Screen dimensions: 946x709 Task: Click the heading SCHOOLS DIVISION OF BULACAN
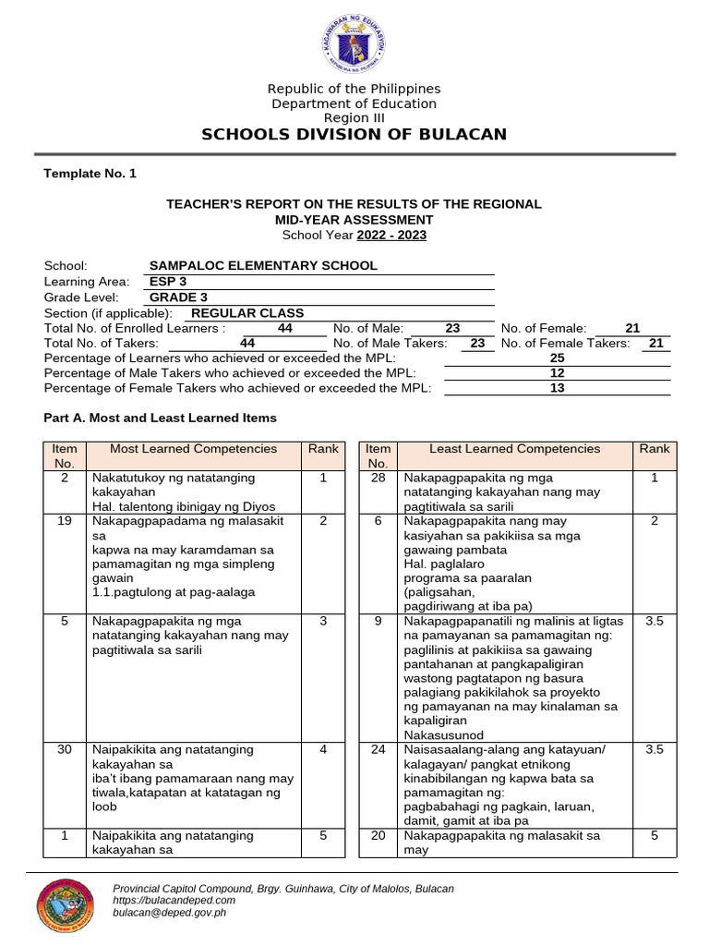tap(354, 135)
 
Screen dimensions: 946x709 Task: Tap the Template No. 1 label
tap(90, 174)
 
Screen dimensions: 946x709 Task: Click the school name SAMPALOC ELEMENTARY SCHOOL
tap(263, 266)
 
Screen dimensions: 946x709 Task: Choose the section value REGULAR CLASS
tap(246, 313)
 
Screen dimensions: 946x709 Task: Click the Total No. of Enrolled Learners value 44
tap(285, 328)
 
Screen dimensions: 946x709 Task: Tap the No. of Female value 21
tap(632, 328)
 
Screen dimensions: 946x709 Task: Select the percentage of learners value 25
tap(557, 358)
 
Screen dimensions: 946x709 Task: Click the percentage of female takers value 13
tap(557, 388)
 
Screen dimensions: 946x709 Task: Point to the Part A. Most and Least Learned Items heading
tap(161, 418)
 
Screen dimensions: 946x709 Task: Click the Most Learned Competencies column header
tap(193, 449)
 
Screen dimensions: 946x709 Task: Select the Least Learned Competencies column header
tap(514, 449)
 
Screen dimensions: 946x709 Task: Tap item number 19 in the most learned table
tap(65, 521)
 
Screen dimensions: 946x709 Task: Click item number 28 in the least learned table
tap(378, 479)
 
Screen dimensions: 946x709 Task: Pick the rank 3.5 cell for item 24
tap(655, 750)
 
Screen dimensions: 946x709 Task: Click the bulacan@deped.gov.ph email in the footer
tap(169, 913)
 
